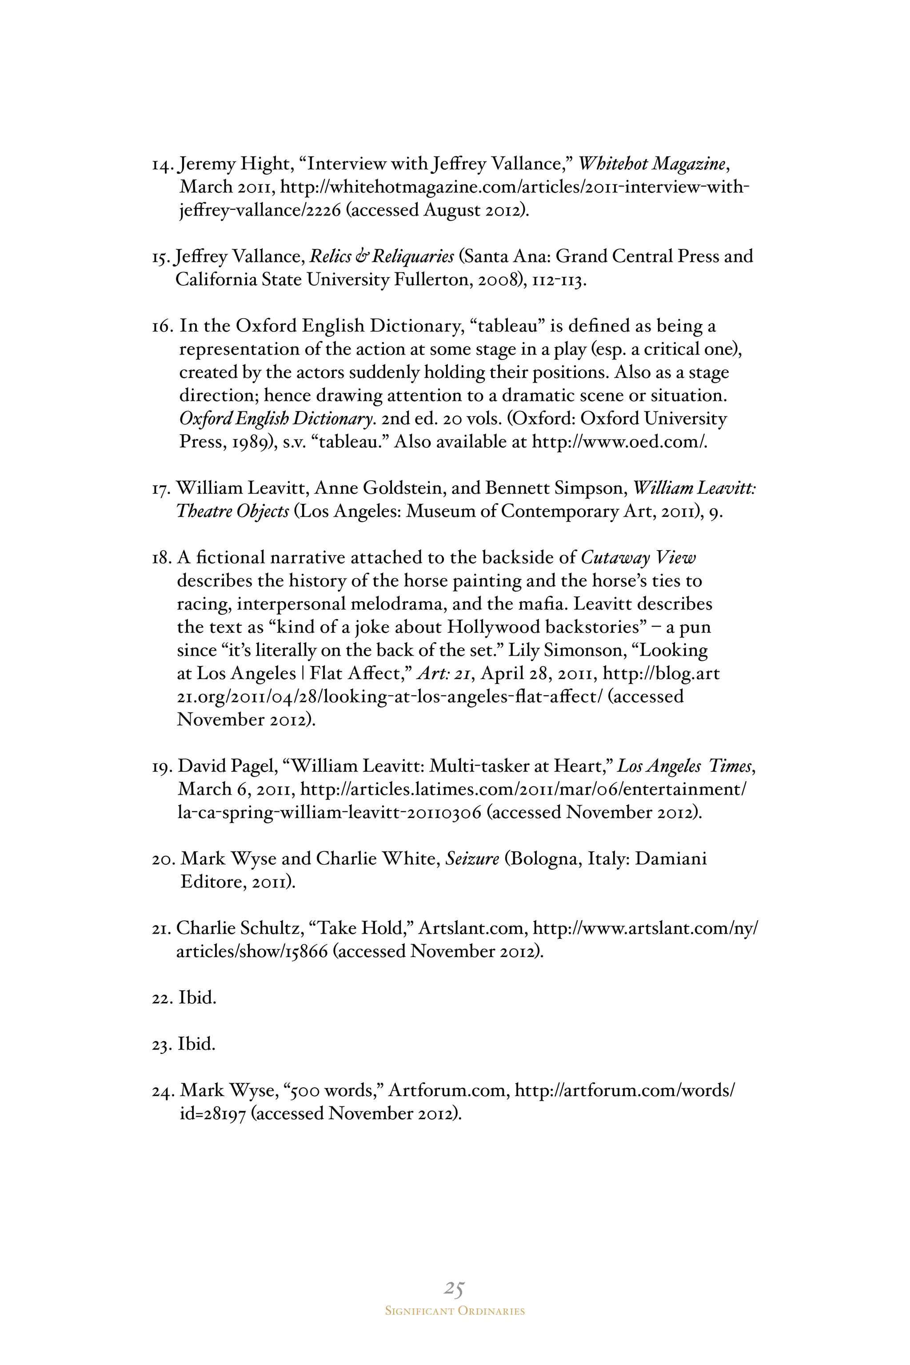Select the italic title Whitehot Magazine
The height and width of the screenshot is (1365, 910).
[x=653, y=164]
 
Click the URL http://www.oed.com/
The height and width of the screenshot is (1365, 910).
[x=619, y=442]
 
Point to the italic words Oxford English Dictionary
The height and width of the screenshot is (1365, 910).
[x=275, y=419]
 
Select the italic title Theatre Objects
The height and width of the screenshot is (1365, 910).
[x=233, y=511]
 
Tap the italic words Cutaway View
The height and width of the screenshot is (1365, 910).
[x=638, y=558]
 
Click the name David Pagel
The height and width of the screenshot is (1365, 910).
[x=227, y=766]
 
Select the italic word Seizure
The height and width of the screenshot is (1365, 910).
[x=472, y=859]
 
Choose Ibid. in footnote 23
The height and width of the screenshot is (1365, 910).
[x=197, y=1044]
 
